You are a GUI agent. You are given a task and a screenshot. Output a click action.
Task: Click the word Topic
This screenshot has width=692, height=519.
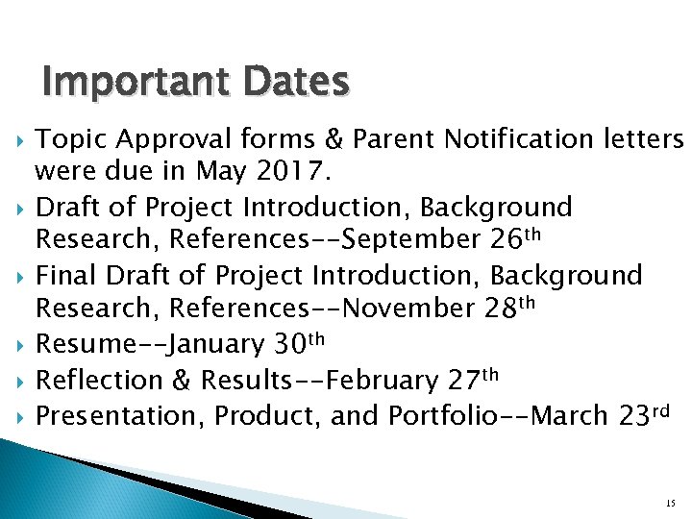coord(69,139)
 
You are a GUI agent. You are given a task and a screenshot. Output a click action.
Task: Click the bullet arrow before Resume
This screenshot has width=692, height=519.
coord(22,344)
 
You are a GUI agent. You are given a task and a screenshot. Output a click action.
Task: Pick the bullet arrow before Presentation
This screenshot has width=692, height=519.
coord(22,415)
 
